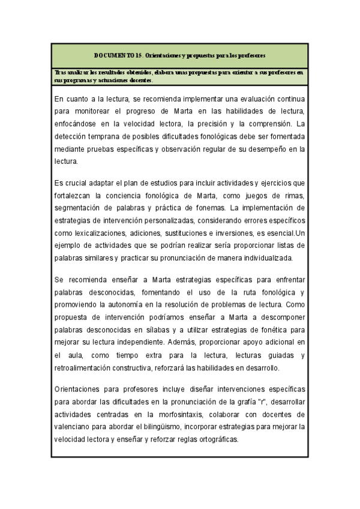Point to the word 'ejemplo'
pos(68,245)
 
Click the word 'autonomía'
pos(121,304)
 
